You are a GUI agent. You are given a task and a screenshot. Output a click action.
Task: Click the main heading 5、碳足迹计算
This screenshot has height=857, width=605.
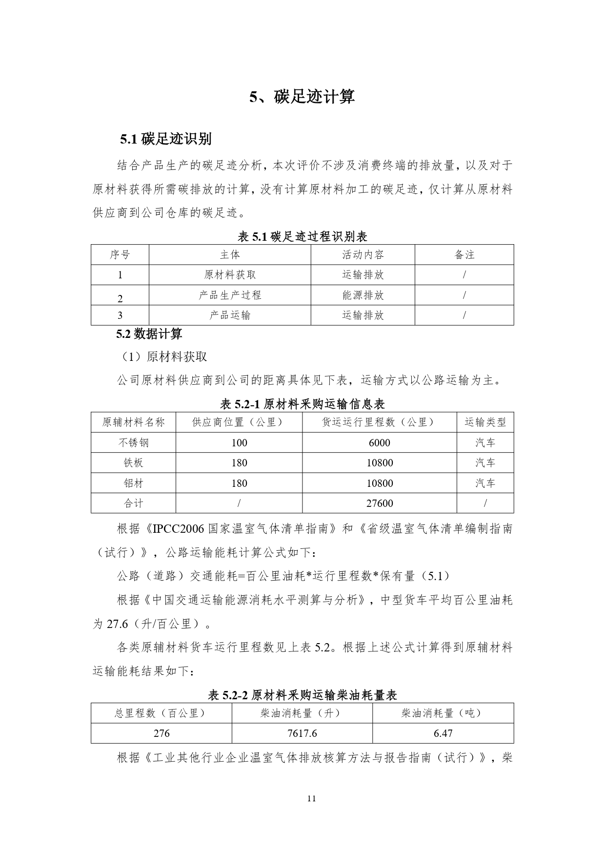pyautogui.click(x=302, y=97)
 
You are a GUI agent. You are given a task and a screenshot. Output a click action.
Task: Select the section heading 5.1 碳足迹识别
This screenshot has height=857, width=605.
pyautogui.click(x=166, y=139)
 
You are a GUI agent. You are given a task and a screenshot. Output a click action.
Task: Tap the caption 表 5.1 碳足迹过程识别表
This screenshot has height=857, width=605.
pyautogui.click(x=302, y=237)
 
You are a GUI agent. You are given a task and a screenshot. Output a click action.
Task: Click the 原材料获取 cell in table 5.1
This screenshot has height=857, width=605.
pyautogui.click(x=230, y=275)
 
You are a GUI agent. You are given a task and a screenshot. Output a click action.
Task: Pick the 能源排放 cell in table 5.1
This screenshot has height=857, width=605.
pyautogui.click(x=363, y=295)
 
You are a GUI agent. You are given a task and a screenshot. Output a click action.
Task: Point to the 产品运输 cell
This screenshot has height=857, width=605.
pyautogui.click(x=230, y=315)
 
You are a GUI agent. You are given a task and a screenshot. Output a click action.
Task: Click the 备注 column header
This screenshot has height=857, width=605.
pyautogui.click(x=464, y=255)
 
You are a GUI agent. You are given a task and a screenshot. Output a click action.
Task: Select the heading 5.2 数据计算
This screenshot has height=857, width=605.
pyautogui.click(x=149, y=334)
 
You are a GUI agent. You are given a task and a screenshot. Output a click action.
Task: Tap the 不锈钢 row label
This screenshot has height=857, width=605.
pyautogui.click(x=133, y=442)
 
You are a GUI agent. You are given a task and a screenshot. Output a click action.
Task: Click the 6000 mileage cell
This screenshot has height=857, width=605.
pyautogui.click(x=379, y=442)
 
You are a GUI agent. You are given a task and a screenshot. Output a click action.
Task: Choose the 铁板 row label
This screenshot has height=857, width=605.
pyautogui.click(x=133, y=462)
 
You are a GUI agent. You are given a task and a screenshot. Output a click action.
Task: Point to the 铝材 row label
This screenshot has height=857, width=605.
pyautogui.click(x=133, y=483)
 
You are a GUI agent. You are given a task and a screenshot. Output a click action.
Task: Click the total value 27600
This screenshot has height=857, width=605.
pyautogui.click(x=379, y=503)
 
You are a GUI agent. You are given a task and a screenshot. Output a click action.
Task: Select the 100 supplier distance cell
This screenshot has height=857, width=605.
pyautogui.click(x=239, y=442)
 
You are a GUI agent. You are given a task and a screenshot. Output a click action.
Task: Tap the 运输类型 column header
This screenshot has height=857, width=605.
pyautogui.click(x=485, y=422)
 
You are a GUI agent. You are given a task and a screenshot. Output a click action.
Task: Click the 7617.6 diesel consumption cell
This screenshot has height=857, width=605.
pyautogui.click(x=302, y=733)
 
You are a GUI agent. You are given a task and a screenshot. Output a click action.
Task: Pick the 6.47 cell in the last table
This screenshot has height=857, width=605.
pyautogui.click(x=443, y=733)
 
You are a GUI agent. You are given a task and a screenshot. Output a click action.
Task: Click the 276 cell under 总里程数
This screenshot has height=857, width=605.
pyautogui.click(x=161, y=733)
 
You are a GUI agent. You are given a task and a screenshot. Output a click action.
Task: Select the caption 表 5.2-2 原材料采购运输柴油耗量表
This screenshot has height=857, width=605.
pyautogui.click(x=302, y=695)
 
